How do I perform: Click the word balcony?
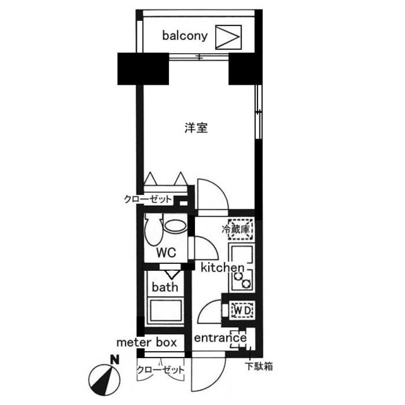tap(185, 35)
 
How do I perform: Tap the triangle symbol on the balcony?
tap(228, 36)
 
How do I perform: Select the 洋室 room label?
tap(196, 128)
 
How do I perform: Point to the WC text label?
tap(166, 252)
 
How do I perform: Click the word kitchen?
tap(222, 268)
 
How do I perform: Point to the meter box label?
tap(146, 342)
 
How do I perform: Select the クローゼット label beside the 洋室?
tap(148, 199)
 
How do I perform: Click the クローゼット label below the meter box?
tap(161, 369)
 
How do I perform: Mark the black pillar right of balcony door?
tap(244, 70)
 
